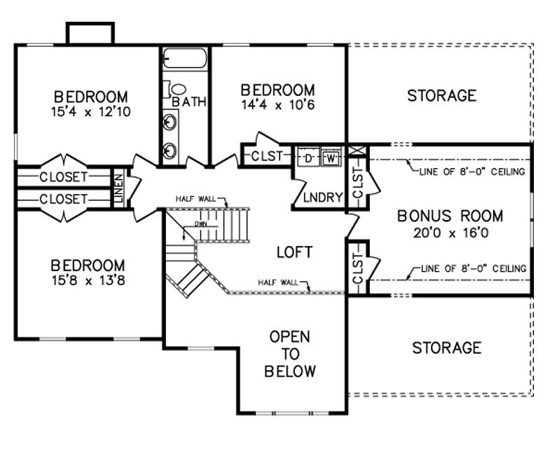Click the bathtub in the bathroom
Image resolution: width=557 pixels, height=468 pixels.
[185, 58]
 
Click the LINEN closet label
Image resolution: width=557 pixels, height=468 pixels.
[118, 188]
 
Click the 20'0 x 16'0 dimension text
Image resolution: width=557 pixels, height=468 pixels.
[451, 233]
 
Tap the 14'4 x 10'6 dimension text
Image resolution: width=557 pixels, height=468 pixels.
[277, 105]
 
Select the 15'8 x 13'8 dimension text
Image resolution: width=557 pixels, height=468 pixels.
[88, 280]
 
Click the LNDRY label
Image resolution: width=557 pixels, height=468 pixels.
[323, 198]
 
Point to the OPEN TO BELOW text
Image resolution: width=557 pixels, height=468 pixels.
[290, 354]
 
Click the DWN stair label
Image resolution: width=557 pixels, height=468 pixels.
[200, 224]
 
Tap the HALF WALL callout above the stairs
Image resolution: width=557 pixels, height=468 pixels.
[195, 199]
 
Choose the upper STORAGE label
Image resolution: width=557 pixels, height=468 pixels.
[441, 96]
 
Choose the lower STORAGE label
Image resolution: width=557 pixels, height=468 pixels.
[446, 348]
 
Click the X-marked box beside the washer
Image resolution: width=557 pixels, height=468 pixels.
[357, 150]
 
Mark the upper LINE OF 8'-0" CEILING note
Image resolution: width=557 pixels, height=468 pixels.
[472, 172]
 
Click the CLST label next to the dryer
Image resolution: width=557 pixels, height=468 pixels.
[267, 156]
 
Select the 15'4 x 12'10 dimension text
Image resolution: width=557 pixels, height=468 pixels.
[91, 112]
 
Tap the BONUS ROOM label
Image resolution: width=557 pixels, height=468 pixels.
[450, 216]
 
